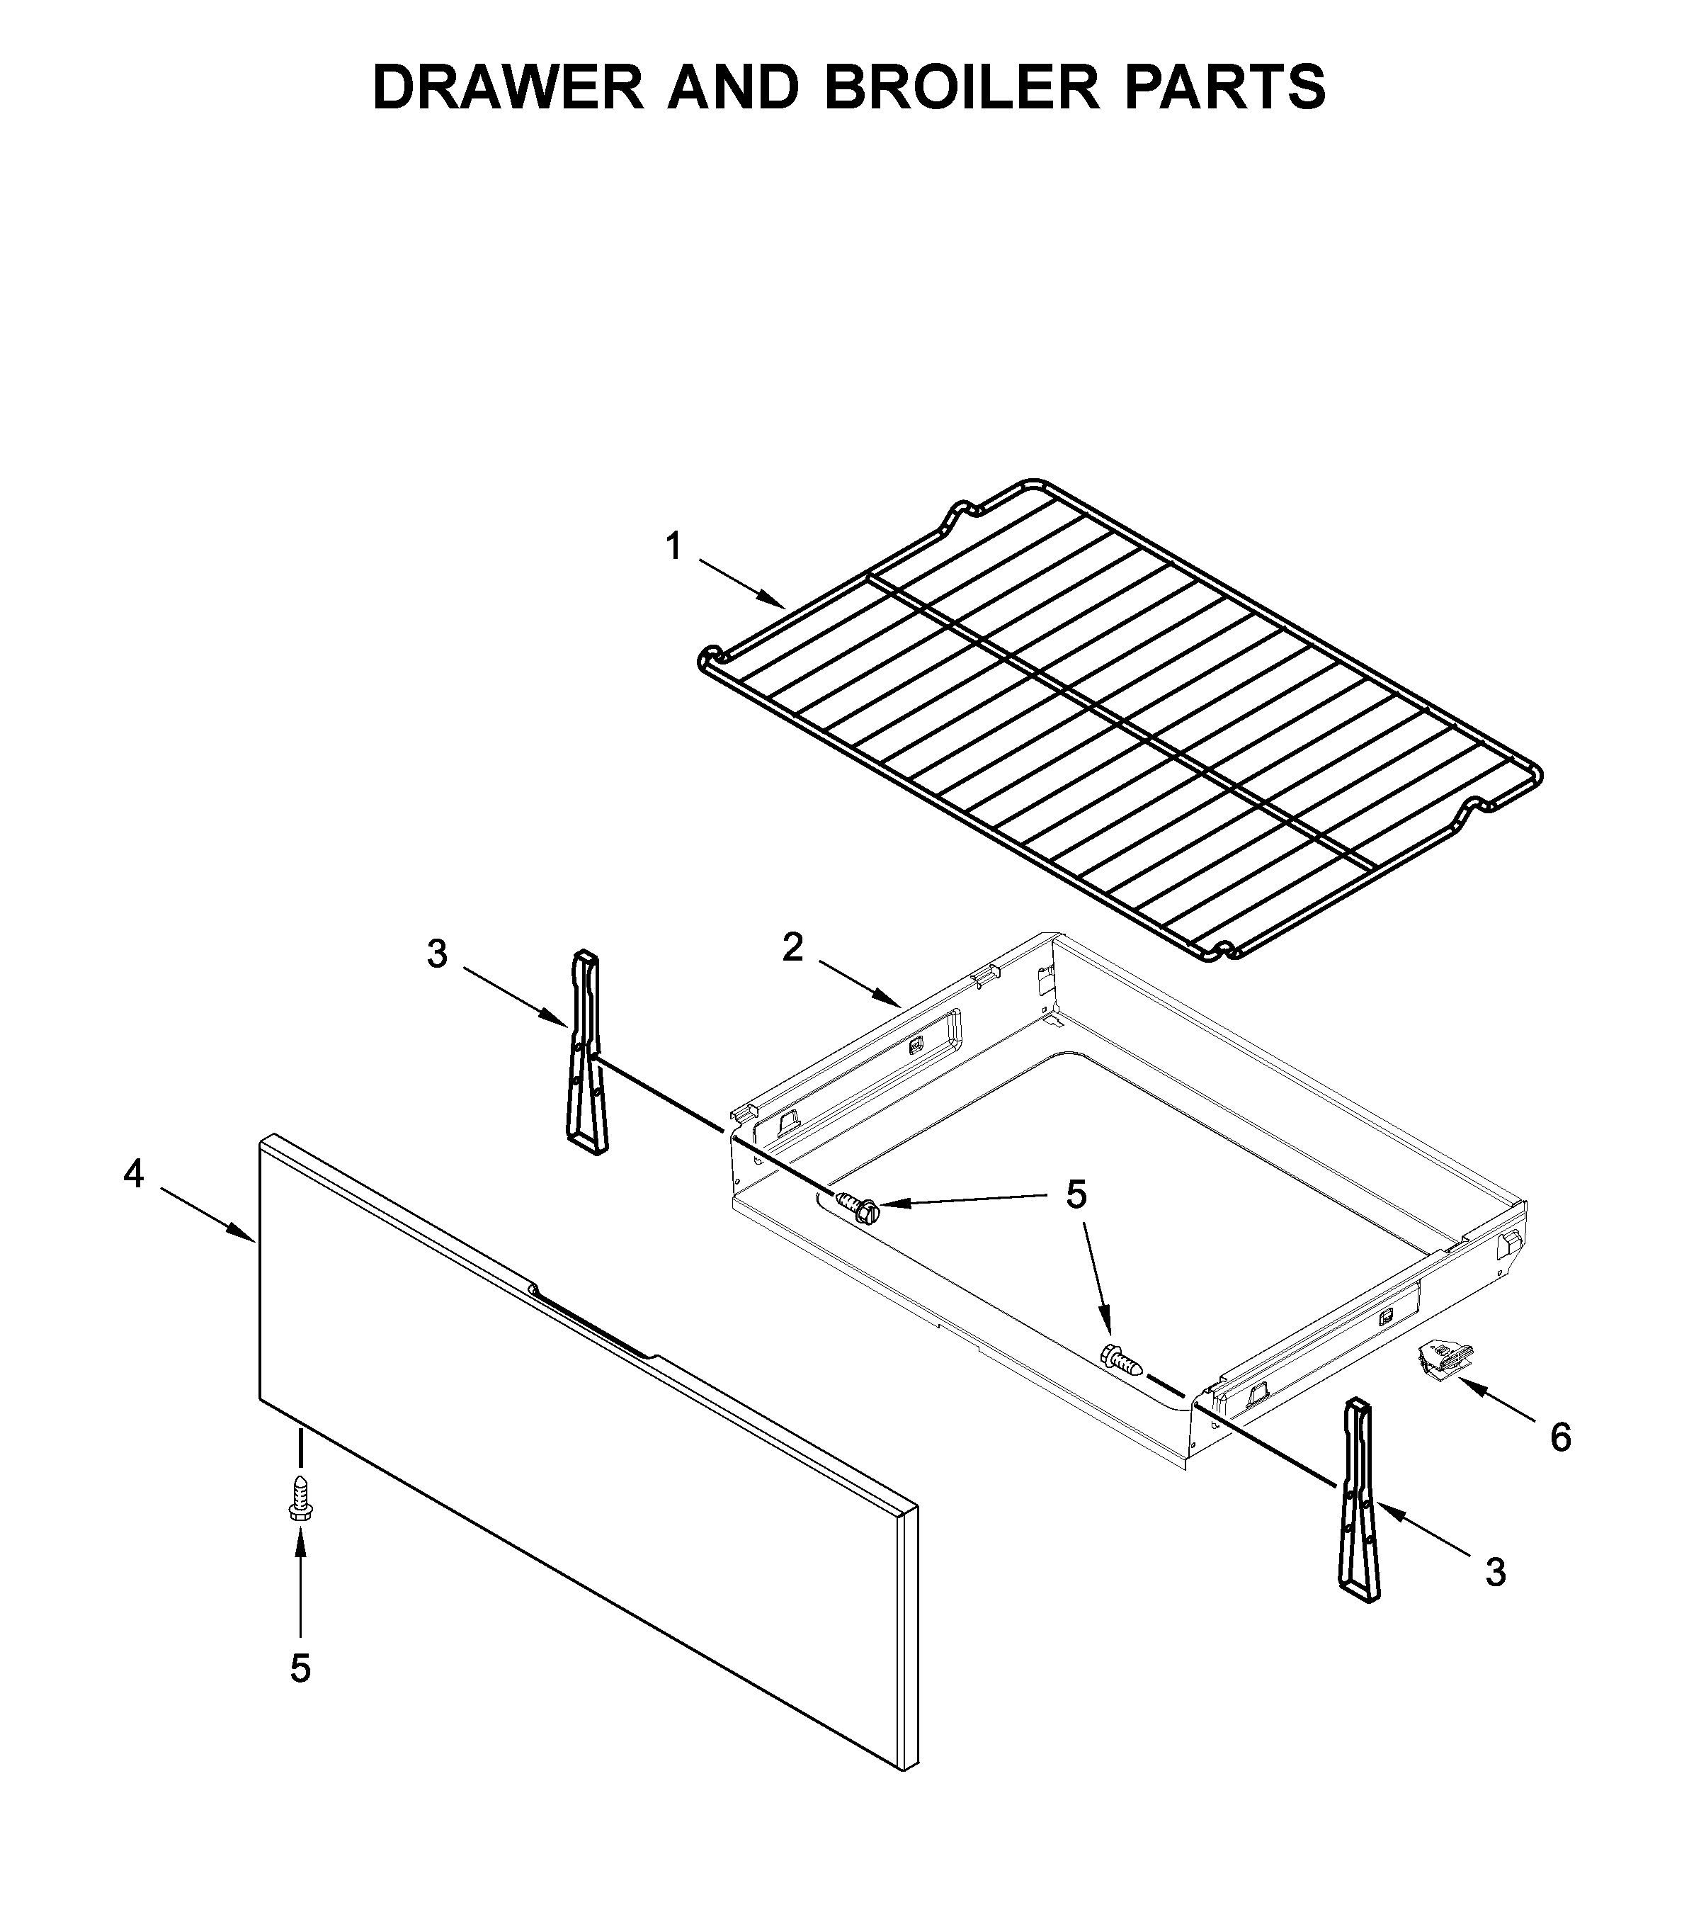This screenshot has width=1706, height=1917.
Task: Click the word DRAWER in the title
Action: point(507,87)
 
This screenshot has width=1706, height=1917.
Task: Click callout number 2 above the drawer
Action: point(793,947)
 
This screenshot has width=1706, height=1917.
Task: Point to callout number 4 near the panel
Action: point(134,1174)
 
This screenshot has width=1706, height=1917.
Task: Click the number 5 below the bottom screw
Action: point(300,1669)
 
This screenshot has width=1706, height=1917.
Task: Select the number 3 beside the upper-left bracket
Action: point(438,955)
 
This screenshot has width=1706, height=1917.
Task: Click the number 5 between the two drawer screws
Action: point(1076,1196)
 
